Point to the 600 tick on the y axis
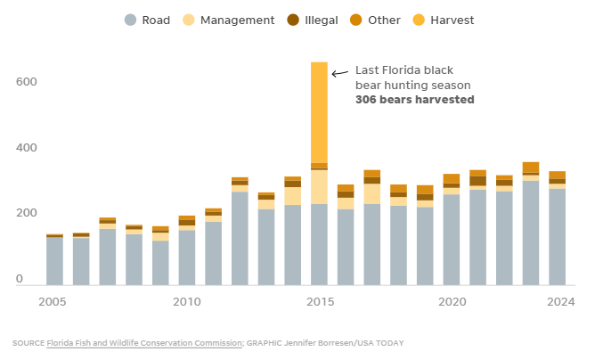point(25,81)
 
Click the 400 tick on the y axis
point(25,147)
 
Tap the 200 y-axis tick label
point(25,213)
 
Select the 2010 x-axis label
point(186,302)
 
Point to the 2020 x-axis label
point(451,302)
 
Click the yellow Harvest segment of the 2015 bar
point(319,111)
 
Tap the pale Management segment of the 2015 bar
point(319,187)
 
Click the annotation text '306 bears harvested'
point(414,100)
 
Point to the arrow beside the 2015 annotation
point(339,73)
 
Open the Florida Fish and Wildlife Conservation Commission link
point(143,343)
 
